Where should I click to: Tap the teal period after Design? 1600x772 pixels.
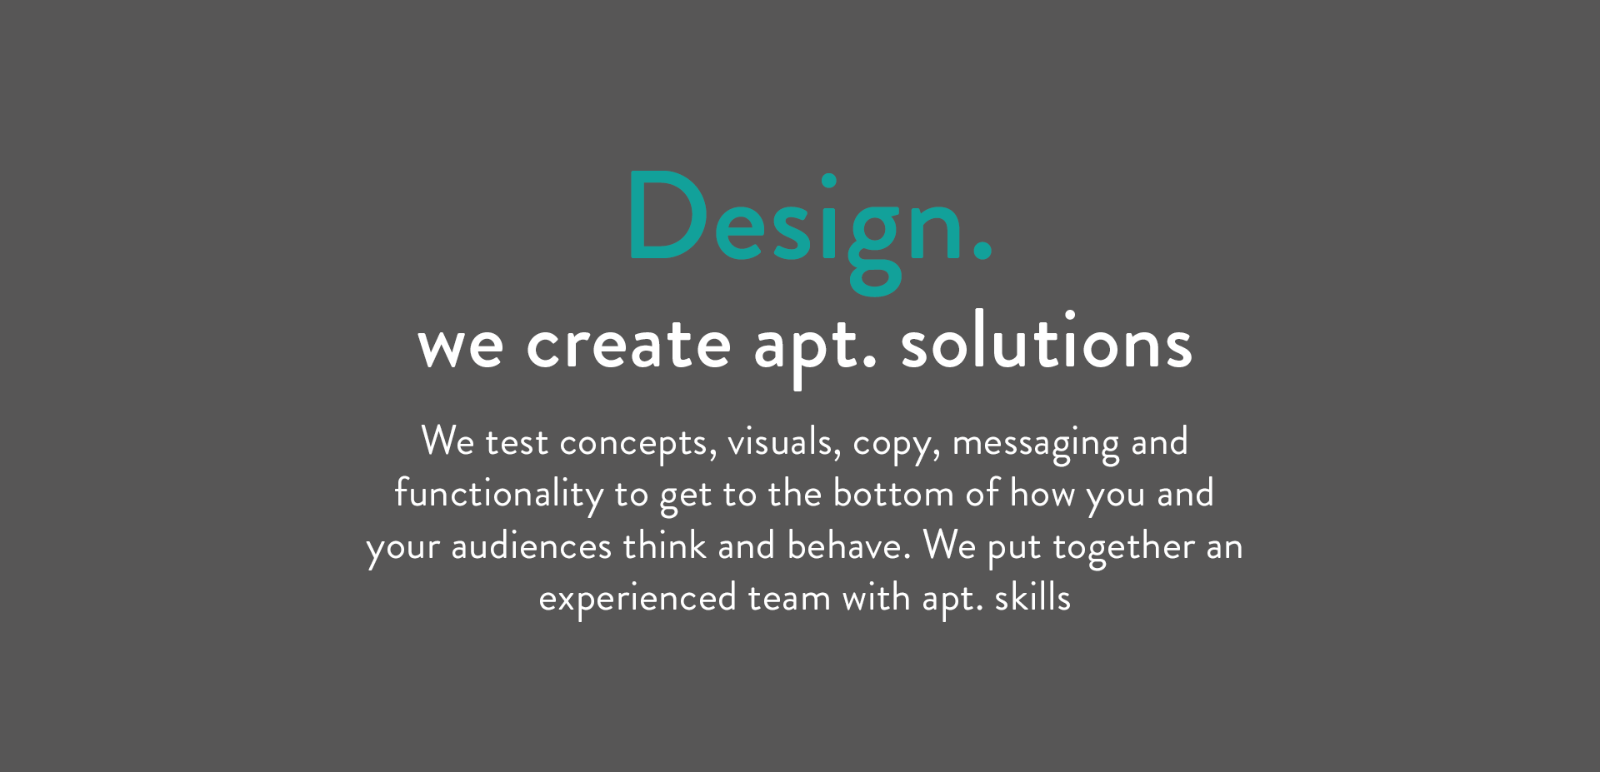(982, 251)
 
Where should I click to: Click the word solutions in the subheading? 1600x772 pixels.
(1047, 340)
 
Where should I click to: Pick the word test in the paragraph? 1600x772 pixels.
(517, 442)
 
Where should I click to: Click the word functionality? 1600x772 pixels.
(499, 495)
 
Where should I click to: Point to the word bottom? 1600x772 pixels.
(893, 494)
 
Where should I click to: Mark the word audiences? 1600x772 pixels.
(532, 546)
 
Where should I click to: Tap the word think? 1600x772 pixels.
(664, 545)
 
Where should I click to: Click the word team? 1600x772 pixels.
(789, 599)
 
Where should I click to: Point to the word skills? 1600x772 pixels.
(1032, 597)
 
